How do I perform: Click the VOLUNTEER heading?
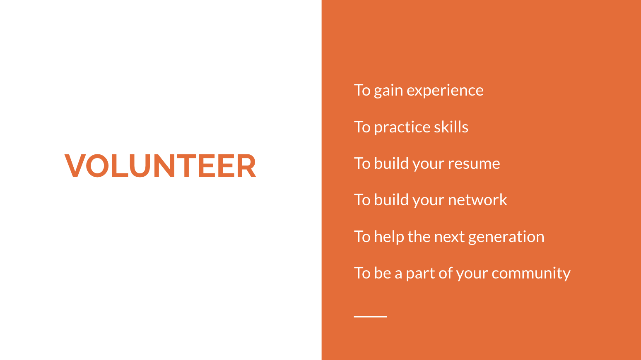point(160,166)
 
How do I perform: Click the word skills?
point(451,127)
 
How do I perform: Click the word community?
point(531,274)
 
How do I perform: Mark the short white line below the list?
point(370,317)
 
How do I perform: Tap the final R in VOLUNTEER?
point(246,166)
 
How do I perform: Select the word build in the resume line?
point(391,163)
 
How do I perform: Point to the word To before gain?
point(362,90)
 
